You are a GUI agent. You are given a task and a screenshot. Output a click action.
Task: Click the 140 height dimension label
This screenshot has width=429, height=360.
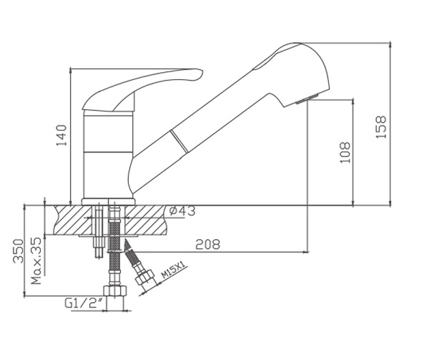[x=62, y=135]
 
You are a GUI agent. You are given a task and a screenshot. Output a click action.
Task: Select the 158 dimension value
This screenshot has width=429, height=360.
[x=381, y=127]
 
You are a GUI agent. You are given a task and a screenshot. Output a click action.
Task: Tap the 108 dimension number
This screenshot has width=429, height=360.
[x=345, y=153]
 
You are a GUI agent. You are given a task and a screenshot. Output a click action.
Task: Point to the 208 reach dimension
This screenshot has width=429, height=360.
[x=208, y=244]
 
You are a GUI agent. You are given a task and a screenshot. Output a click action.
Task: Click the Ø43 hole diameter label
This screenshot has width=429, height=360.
[x=182, y=211]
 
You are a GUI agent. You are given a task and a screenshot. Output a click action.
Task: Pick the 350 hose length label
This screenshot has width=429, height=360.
[x=19, y=251]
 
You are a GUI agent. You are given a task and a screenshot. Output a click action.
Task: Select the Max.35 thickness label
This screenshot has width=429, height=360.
[x=36, y=261]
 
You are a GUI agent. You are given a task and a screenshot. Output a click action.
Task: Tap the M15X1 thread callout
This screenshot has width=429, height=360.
[x=173, y=270]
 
